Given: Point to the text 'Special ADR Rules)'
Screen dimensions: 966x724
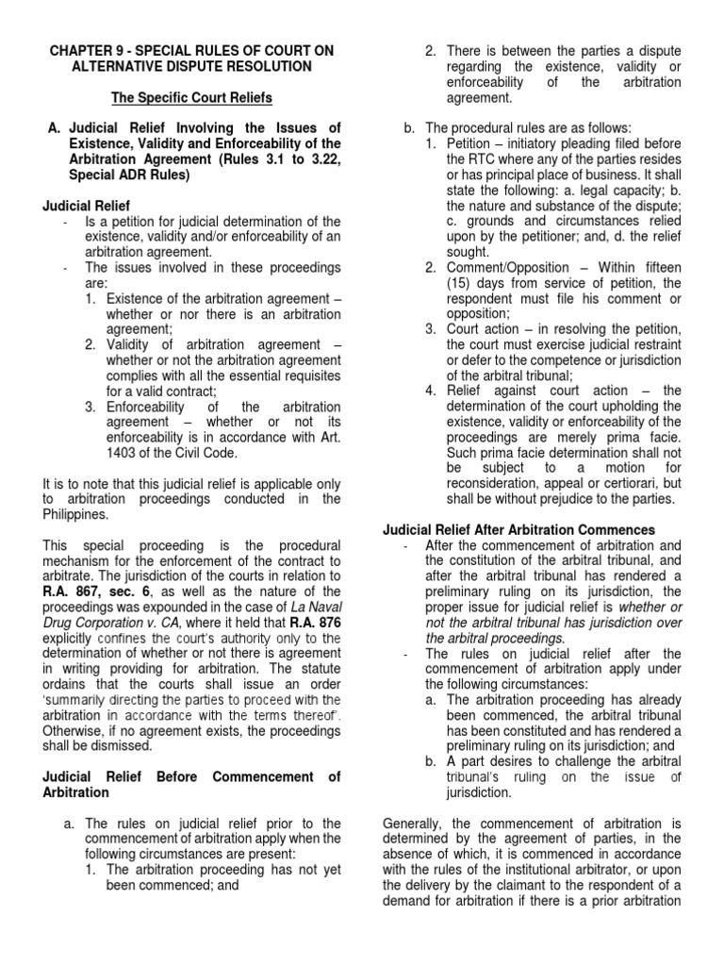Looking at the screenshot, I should click(128, 175).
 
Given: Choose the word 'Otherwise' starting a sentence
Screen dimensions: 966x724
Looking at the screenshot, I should click(75, 731).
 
